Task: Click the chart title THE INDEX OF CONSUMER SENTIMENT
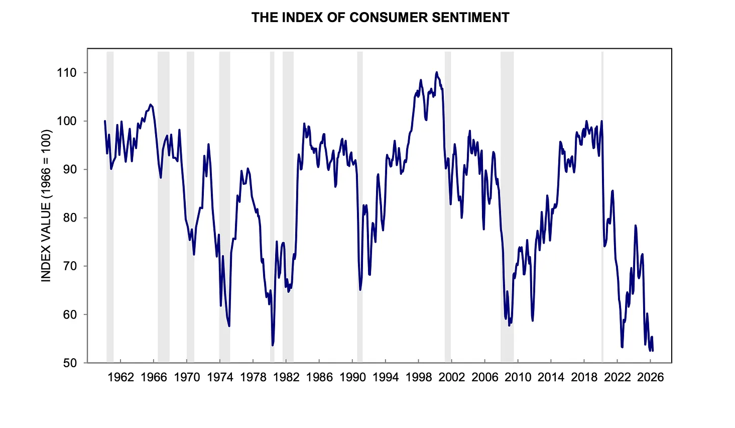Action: click(380, 18)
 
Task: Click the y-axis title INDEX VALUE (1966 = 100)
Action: click(46, 205)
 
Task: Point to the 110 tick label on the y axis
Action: click(67, 73)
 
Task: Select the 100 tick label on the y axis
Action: click(67, 121)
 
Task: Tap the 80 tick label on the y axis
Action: click(69, 218)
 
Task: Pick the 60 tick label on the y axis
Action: click(69, 314)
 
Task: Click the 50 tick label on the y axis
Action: click(69, 363)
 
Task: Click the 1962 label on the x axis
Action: click(121, 377)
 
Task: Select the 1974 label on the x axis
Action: click(220, 377)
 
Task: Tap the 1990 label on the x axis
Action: click(352, 377)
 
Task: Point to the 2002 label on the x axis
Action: click(452, 377)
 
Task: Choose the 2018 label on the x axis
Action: click(584, 377)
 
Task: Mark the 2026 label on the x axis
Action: click(650, 377)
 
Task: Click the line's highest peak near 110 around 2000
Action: click(437, 72)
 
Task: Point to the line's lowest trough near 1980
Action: click(273, 345)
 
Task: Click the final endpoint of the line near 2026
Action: click(653, 351)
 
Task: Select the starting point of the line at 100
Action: click(105, 121)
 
